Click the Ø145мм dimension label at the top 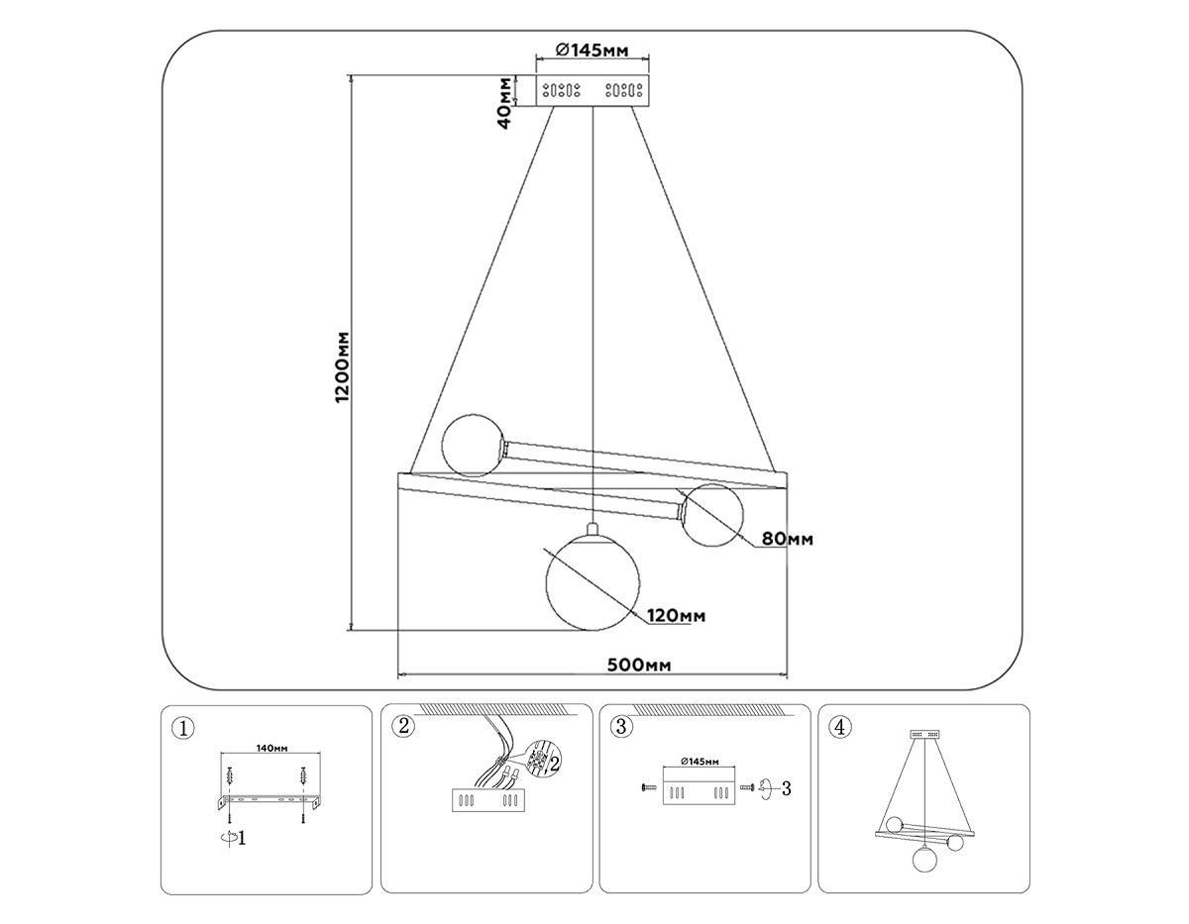click(593, 50)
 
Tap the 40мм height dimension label click(505, 102)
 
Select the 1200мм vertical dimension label click(342, 366)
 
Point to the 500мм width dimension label click(638, 665)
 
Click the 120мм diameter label click(677, 616)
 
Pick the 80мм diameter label click(787, 539)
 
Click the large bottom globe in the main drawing click(593, 582)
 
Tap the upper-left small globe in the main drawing click(473, 447)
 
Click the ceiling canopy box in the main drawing click(593, 91)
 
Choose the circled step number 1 click(181, 729)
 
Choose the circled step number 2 click(401, 727)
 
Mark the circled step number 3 click(621, 727)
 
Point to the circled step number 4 click(839, 728)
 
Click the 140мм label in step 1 click(271, 749)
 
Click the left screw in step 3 click(649, 787)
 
